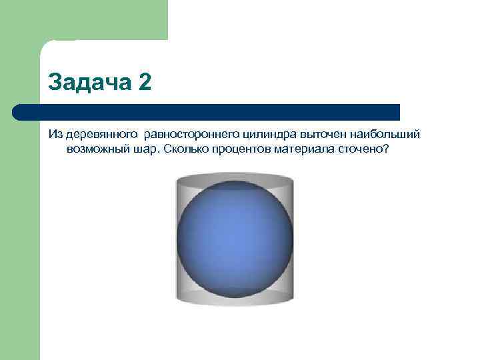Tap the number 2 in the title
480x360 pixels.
point(145,83)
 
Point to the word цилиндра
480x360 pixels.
point(273,135)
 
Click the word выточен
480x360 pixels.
point(327,135)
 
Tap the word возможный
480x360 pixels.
point(95,149)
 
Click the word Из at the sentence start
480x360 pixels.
point(55,135)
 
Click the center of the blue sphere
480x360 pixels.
point(235,238)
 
